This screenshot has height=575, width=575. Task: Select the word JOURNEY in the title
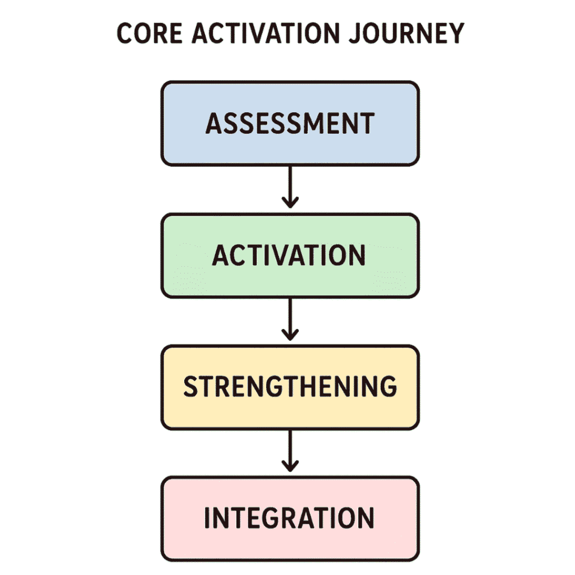coord(409,34)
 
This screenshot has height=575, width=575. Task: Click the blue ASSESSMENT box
coord(290,124)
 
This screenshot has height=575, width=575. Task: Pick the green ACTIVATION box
coord(290,255)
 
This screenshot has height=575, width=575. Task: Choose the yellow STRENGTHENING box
coord(290,387)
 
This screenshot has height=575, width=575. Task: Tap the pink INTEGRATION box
coord(290,518)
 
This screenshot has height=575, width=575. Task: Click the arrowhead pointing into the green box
coord(290,201)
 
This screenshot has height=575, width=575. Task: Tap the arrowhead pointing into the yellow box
coord(290,334)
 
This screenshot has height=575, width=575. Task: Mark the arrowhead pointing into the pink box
coord(290,466)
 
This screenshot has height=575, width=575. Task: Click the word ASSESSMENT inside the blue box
coord(290,124)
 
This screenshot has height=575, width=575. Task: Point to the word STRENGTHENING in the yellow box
coord(290,387)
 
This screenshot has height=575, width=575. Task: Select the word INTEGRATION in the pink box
coord(289,518)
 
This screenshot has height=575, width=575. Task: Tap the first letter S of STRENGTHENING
coord(192,387)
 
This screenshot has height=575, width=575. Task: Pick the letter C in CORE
coord(125,34)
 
